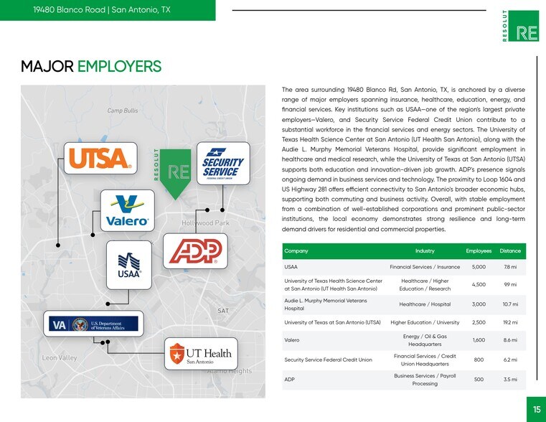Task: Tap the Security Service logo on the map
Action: [223, 164]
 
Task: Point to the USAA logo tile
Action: [129, 266]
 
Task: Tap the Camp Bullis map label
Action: [123, 111]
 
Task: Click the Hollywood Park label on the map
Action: [206, 223]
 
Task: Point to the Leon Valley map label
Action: [60, 357]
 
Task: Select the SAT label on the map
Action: [223, 311]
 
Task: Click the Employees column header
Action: [479, 251]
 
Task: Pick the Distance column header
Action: [510, 251]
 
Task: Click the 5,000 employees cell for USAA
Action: [479, 267]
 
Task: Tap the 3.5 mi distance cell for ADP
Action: [510, 379]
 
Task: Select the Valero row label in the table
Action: [292, 340]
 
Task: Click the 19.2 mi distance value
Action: [510, 322]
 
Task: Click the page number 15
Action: [536, 410]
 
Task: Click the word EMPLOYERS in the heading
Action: [119, 67]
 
